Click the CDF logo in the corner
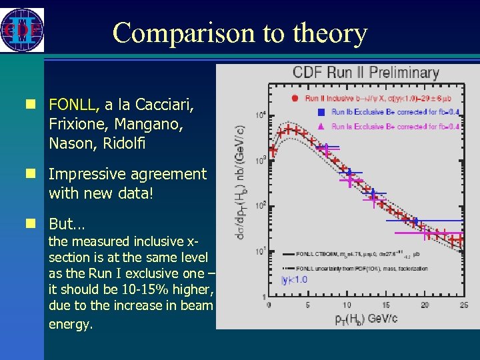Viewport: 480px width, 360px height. click(22, 30)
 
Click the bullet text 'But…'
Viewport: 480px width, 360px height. click(67, 223)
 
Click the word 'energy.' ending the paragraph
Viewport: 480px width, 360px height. click(71, 324)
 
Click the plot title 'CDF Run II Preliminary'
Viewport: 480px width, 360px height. click(366, 73)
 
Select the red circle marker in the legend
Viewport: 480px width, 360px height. click(294, 98)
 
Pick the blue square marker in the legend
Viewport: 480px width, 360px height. click(321, 112)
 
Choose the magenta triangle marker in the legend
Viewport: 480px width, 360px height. click(321, 126)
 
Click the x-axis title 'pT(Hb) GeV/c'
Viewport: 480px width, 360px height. click(366, 318)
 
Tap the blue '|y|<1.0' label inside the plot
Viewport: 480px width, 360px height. click(294, 279)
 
